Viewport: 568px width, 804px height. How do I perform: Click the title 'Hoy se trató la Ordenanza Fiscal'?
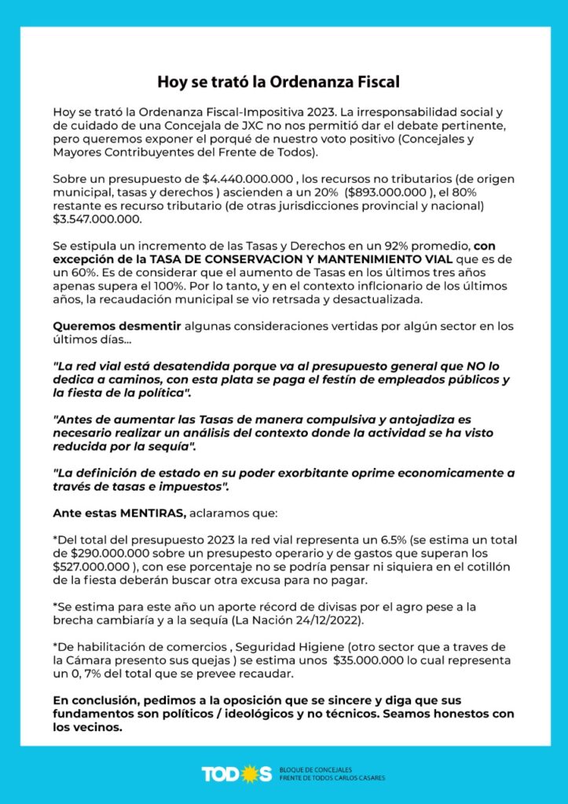[x=284, y=82]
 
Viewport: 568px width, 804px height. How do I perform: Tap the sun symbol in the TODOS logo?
[x=251, y=773]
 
